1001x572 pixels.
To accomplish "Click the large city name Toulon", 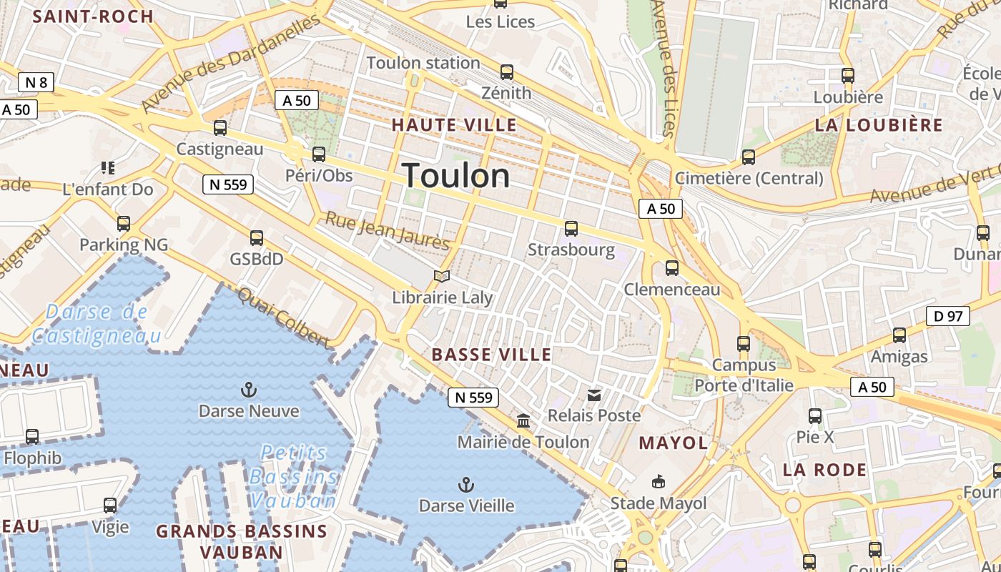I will (456, 176).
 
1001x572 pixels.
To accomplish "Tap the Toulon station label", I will (423, 63).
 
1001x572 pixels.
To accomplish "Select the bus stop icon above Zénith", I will (507, 72).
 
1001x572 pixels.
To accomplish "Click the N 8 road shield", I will (36, 82).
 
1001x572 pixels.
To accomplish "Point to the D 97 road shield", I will (948, 315).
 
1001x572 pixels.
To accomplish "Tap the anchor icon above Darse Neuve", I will (249, 390).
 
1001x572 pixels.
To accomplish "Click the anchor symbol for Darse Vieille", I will (466, 485).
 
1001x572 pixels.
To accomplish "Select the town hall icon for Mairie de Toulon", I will (523, 421).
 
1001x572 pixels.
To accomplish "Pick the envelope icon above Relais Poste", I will (594, 395).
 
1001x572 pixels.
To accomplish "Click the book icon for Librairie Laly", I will (443, 276).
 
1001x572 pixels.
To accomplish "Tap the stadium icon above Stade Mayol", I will (659, 482).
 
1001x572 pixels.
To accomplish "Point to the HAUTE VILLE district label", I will (454, 125).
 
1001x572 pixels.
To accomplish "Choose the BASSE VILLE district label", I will (492, 355).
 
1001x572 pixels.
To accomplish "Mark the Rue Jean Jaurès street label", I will (388, 231).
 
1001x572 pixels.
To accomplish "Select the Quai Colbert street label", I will (284, 318).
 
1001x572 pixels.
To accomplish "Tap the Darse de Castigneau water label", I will (96, 323).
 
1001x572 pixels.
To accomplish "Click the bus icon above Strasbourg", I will (571, 229).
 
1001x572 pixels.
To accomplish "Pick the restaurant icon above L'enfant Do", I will (108, 168).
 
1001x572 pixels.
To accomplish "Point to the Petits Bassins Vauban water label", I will (294, 476).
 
